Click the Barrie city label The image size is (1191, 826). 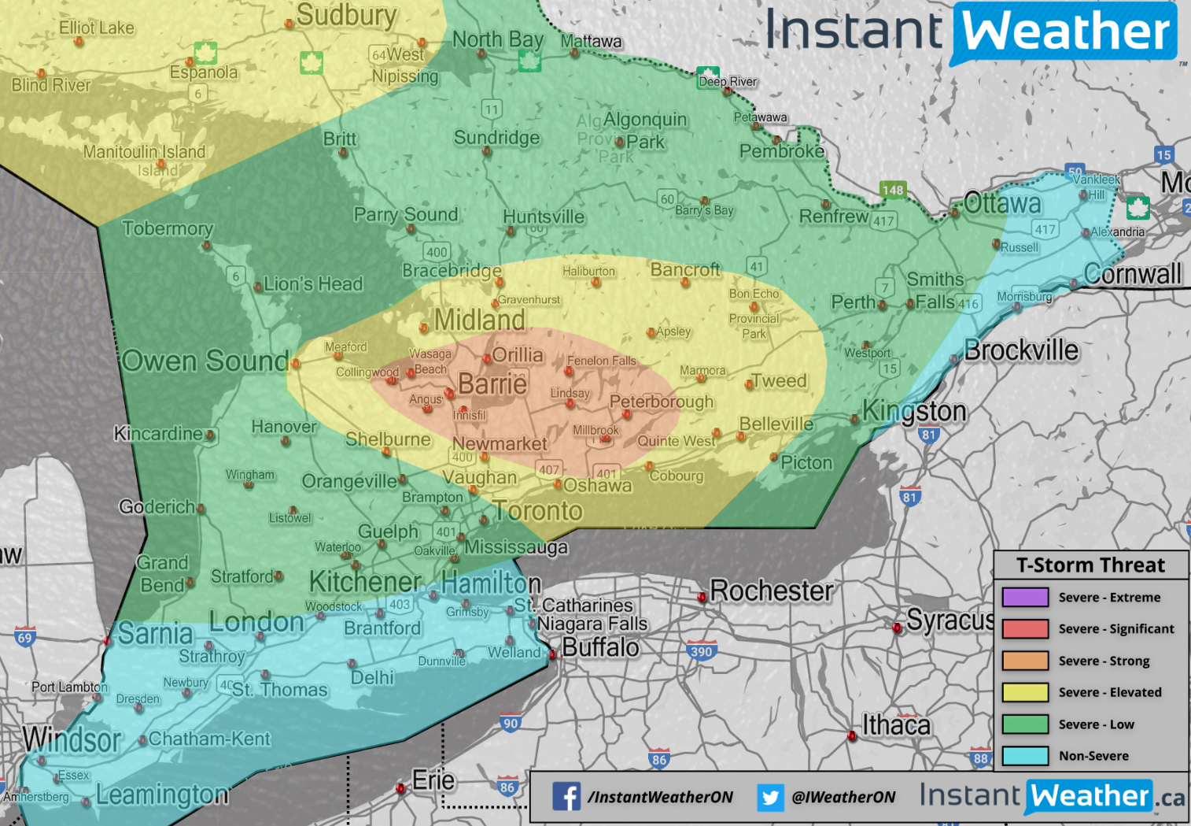coord(492,384)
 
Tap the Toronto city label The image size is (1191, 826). coord(538,511)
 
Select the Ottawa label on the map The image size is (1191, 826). coord(1002,204)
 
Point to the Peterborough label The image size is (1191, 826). coord(662,402)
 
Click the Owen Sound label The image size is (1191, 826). coord(205,361)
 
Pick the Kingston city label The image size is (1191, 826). coord(914,410)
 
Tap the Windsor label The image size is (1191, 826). coord(72,739)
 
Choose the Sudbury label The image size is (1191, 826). coord(346,15)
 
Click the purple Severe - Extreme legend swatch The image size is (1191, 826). coord(1025,597)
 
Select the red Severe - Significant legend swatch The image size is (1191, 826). coord(1025,628)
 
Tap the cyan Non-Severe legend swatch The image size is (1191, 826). coord(1025,756)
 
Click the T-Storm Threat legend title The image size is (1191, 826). coord(1090,565)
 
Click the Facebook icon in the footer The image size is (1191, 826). coord(566,797)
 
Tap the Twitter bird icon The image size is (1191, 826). coord(770,797)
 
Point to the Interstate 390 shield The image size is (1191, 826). coord(701,651)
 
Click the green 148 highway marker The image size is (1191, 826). coord(893,190)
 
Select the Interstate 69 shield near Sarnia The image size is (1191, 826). coord(25,637)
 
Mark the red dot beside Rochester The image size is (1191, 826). coord(702,598)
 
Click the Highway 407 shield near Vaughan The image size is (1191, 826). coord(549,469)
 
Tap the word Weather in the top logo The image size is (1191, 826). coord(1066,32)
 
